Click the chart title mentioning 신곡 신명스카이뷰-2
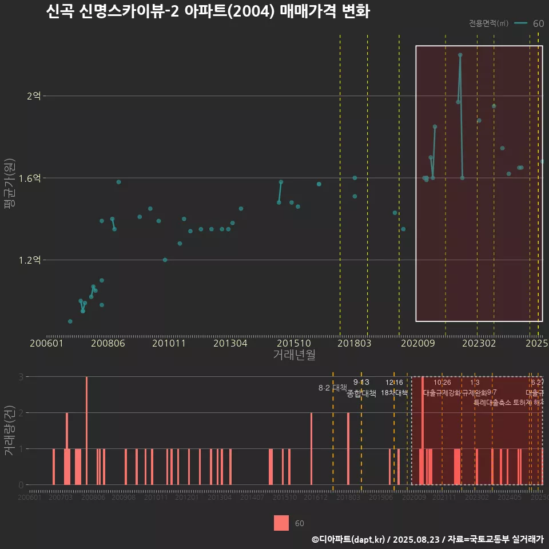[x=208, y=12]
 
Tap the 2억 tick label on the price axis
[x=34, y=96]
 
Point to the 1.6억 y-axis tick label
[x=30, y=178]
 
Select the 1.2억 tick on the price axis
[x=30, y=260]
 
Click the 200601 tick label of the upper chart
[x=46, y=344]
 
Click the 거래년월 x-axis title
[x=294, y=355]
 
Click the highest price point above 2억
[x=460, y=55]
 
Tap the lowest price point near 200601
[x=70, y=321]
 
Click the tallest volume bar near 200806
[x=86, y=430]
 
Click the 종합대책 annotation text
[x=361, y=393]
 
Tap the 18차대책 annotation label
[x=394, y=393]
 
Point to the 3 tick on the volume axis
[x=21, y=377]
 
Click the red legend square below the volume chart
[x=281, y=523]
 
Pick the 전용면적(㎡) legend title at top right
[x=488, y=23]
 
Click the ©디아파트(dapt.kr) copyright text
[x=349, y=539]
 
